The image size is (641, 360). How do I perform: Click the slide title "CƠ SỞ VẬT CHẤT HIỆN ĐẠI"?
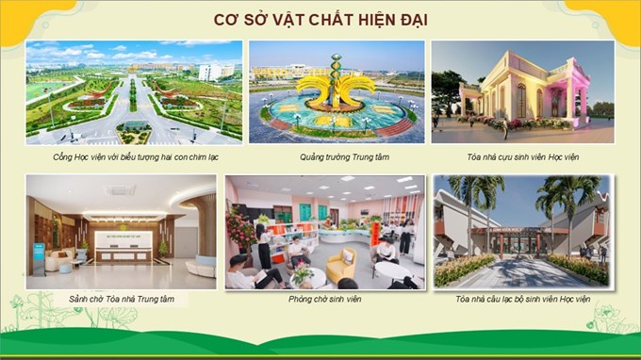[320, 20]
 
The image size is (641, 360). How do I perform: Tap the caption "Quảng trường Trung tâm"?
[344, 157]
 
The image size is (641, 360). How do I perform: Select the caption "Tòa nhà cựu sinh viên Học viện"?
[523, 157]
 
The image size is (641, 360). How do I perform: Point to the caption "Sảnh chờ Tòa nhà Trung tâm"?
[122, 299]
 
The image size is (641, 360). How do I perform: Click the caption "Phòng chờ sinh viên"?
[324, 299]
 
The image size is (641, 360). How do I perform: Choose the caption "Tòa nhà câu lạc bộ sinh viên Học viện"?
[523, 299]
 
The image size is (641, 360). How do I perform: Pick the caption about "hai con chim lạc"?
[136, 157]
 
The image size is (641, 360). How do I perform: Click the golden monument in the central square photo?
[336, 84]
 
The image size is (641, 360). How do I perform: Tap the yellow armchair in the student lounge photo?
[342, 266]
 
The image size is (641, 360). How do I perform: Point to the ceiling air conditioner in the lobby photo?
[121, 190]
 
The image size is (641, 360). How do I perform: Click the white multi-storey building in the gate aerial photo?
[216, 73]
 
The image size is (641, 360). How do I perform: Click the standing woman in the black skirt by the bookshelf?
[263, 246]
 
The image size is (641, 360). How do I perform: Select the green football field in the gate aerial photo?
[46, 90]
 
